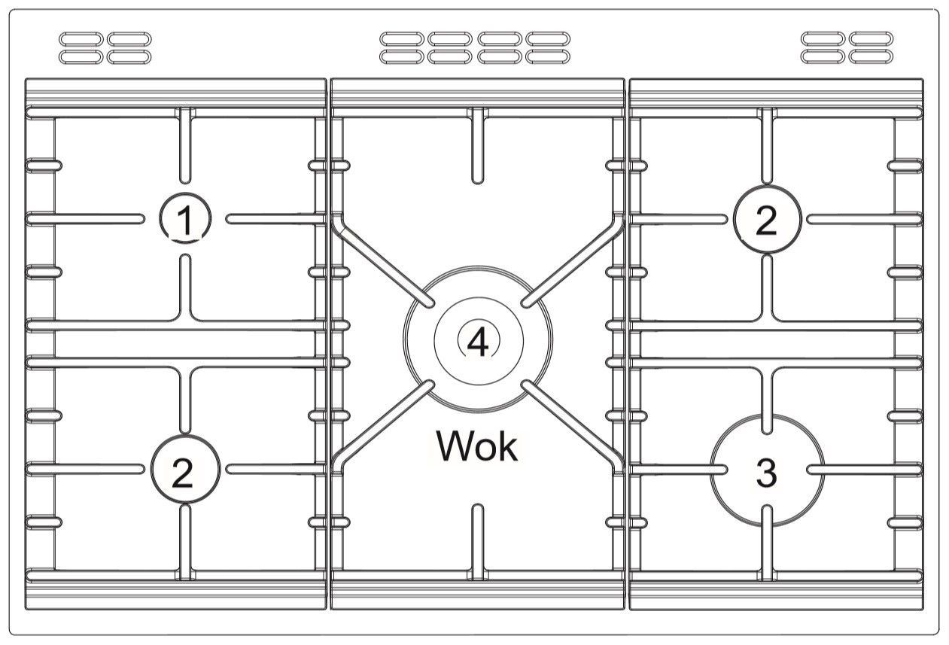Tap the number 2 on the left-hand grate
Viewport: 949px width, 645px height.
coord(183,473)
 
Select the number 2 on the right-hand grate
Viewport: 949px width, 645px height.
coord(766,221)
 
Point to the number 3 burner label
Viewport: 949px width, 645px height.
coord(766,473)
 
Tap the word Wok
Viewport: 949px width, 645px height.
coord(477,446)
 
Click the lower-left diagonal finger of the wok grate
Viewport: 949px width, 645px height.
coord(383,426)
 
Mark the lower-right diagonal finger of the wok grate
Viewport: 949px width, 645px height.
coord(573,426)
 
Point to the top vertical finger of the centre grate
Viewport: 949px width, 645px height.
coord(477,146)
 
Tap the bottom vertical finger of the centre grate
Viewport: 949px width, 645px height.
coord(477,542)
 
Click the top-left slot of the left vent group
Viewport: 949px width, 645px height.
coord(81,39)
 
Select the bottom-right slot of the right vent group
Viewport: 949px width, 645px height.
coord(871,56)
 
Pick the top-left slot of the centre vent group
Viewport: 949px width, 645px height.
coord(402,39)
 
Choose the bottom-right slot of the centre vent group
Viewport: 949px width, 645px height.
coord(548,56)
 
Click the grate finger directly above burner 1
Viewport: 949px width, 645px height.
coord(185,146)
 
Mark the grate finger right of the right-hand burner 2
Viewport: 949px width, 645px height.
coord(864,219)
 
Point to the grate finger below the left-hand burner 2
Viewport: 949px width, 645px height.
coord(185,543)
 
